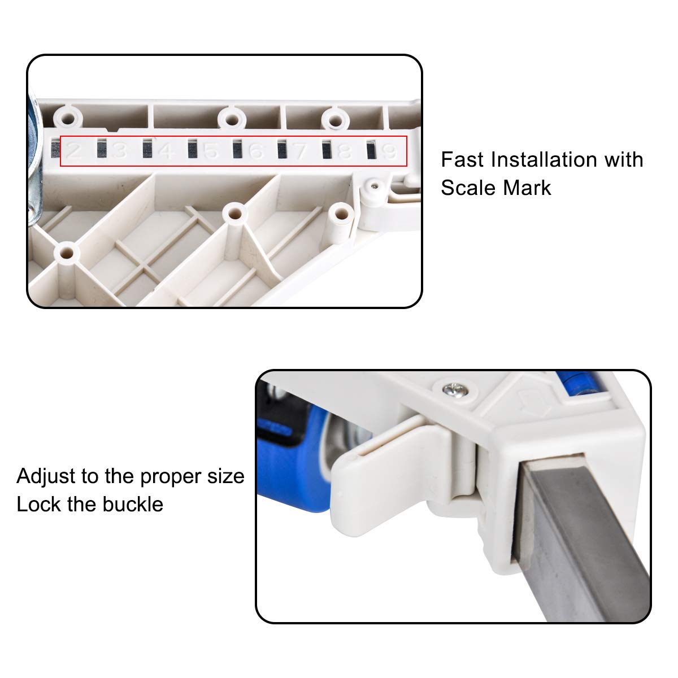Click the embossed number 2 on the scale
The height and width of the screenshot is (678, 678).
[74, 151]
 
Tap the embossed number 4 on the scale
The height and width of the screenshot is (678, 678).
[167, 151]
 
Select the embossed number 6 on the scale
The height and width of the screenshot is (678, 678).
[256, 151]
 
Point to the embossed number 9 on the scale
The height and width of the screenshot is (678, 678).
[389, 151]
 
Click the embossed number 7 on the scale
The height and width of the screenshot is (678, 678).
[300, 151]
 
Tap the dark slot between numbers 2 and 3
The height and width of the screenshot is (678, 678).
[102, 148]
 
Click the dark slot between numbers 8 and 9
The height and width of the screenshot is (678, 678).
[371, 150]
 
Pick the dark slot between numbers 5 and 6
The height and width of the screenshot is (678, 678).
[237, 149]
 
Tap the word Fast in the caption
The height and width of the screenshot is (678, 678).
[462, 160]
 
